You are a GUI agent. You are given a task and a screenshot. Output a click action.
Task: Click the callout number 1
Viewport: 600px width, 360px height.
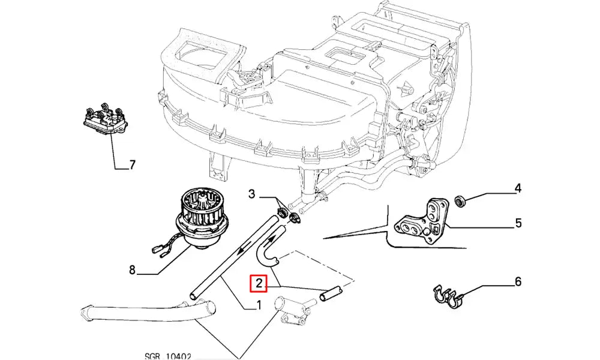pos(258,305)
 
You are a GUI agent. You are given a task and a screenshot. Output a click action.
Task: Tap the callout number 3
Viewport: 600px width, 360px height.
pos(252,194)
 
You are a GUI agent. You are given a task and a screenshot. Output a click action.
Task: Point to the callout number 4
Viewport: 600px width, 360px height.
pos(518,189)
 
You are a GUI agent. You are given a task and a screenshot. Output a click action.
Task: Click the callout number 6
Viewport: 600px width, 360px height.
pos(518,281)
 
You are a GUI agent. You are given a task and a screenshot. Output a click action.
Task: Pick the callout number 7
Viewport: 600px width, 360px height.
pos(132,164)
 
